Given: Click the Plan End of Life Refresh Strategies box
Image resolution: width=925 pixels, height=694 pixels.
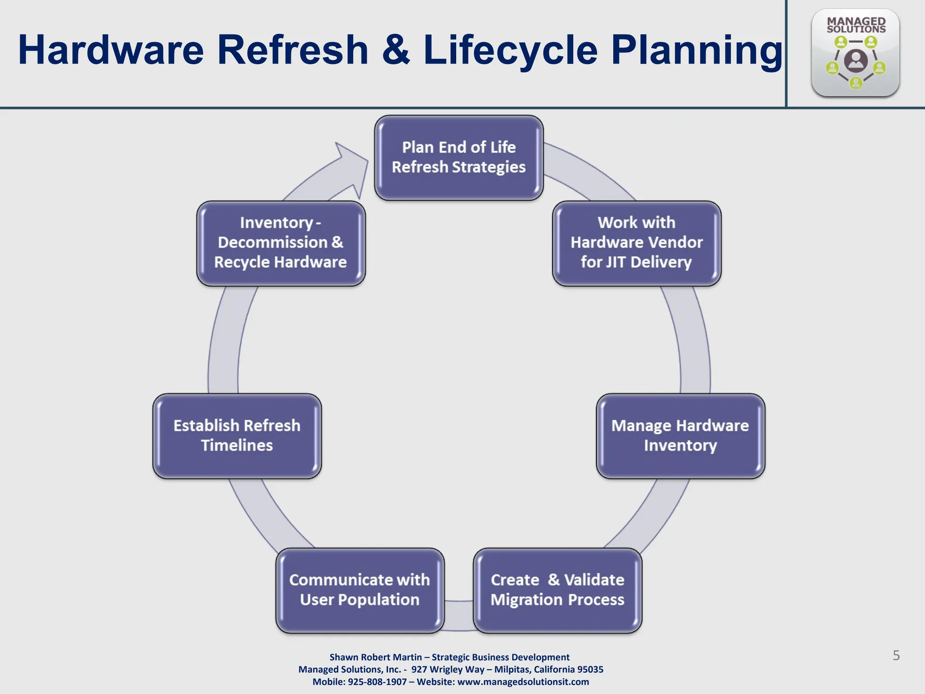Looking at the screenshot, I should pos(458,157).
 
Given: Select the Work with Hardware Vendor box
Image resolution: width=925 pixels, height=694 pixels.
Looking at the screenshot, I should pos(636,243).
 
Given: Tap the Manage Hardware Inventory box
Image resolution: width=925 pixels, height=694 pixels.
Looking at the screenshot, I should pos(680,436).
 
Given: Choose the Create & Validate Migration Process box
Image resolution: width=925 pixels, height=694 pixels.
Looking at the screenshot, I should pos(557,590).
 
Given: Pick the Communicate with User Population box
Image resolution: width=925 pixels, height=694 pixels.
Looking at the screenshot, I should pos(360,590).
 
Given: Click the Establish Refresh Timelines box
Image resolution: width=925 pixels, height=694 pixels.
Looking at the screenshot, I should pos(237,436).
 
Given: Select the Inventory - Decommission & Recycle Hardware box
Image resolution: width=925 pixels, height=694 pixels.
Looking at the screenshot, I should pos(280,243).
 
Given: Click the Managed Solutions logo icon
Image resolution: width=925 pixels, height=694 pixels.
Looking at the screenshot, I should pos(855,53).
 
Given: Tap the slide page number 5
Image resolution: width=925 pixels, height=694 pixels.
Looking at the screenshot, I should pos(896,655).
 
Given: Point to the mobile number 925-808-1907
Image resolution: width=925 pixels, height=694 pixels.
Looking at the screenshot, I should pos(377,682).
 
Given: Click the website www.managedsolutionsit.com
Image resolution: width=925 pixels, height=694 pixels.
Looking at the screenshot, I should pos(523,682).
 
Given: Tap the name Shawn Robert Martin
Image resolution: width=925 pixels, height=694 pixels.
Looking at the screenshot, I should pos(376,657).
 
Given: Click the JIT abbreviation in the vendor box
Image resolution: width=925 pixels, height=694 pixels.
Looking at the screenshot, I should pos(615,262).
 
